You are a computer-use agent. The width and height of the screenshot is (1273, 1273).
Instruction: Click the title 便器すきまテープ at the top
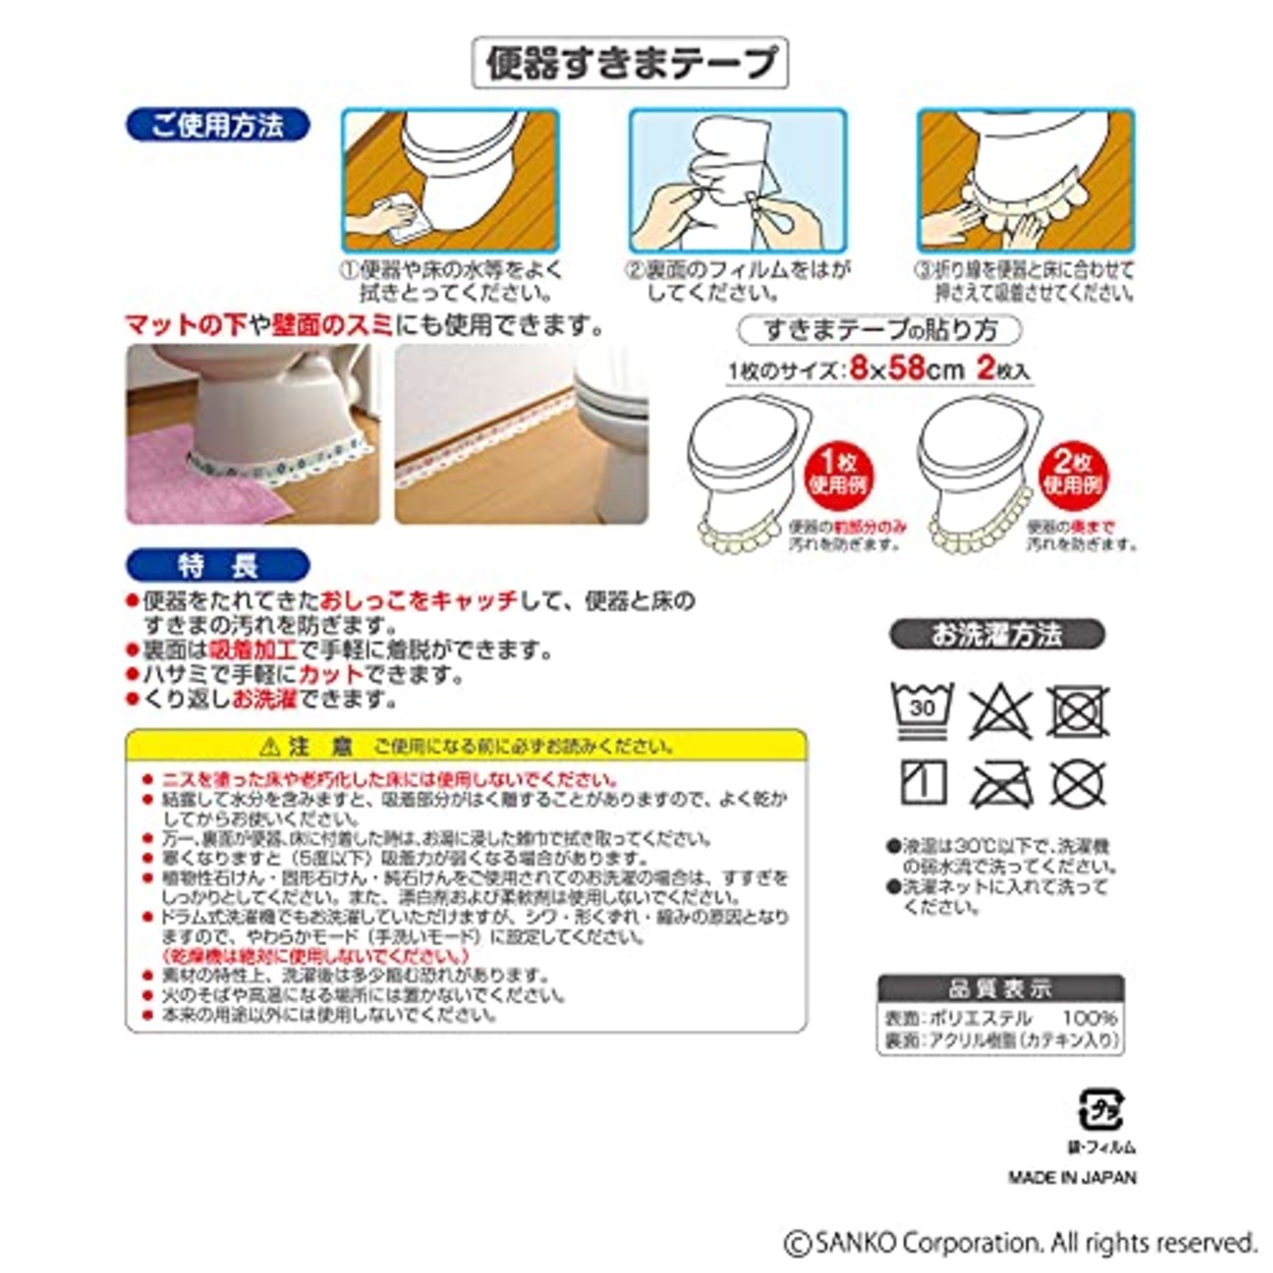tap(630, 63)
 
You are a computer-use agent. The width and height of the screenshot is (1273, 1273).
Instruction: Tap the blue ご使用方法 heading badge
tap(218, 125)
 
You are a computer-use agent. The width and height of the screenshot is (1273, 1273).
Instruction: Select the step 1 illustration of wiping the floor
tap(451, 180)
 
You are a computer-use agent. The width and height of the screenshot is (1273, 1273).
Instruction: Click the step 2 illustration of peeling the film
tap(737, 180)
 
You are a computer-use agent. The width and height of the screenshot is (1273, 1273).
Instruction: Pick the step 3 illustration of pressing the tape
tap(1024, 180)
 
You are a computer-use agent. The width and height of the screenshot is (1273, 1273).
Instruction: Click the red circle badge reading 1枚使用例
tap(837, 473)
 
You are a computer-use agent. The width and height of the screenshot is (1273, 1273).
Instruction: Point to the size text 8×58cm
tap(906, 369)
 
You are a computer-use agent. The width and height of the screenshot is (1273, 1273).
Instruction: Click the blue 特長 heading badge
tap(218, 565)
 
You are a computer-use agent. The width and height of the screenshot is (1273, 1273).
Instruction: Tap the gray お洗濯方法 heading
tap(997, 635)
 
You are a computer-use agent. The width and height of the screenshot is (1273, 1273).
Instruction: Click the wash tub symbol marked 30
tap(922, 709)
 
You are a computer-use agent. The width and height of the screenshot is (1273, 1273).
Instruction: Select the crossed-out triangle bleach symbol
tap(1000, 711)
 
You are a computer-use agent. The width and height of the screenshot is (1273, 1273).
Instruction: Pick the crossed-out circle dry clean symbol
tap(1078, 786)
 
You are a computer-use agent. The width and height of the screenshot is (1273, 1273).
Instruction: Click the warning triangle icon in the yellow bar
tap(270, 746)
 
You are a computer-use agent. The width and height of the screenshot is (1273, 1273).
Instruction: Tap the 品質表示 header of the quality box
tap(1000, 989)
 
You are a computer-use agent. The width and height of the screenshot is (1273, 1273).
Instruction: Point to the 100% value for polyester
tap(1089, 1018)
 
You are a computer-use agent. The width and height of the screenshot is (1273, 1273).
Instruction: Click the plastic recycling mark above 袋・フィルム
tap(1100, 1110)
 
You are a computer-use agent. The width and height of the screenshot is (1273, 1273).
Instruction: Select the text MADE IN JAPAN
tap(1071, 1178)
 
